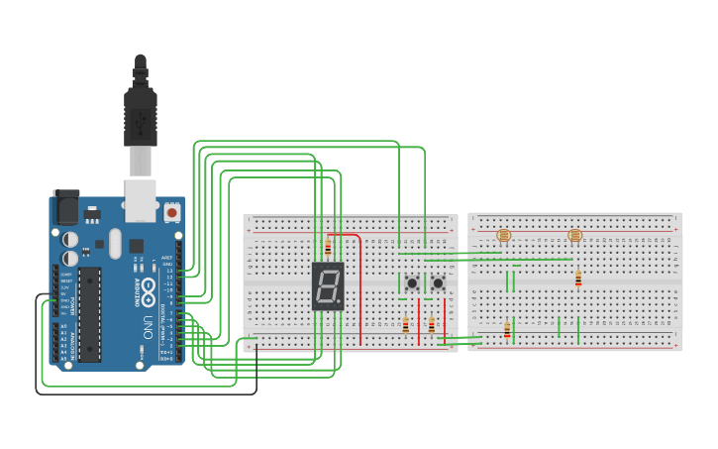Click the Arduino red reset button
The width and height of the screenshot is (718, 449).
point(172,212)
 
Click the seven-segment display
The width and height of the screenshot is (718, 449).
point(328,286)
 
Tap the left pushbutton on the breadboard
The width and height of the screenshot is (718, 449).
point(412,283)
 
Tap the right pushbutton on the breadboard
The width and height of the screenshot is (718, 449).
point(438,283)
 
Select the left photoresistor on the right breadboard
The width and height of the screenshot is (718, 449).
point(503,235)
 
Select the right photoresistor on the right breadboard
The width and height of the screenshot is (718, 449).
point(575,235)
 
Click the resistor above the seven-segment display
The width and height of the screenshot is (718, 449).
point(328,247)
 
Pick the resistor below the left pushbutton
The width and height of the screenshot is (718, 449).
point(405,324)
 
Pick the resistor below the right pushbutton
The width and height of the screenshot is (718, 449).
point(431,324)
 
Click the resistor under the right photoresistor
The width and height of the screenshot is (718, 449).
point(578,279)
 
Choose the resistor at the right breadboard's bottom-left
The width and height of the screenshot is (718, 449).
point(507,330)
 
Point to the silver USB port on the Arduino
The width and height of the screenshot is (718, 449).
point(141,199)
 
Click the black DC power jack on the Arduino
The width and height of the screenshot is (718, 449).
point(66,207)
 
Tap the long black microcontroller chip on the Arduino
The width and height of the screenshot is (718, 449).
point(90,312)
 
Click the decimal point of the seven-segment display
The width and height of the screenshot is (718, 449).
point(339,302)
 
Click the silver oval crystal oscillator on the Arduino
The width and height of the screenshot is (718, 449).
point(115,243)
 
